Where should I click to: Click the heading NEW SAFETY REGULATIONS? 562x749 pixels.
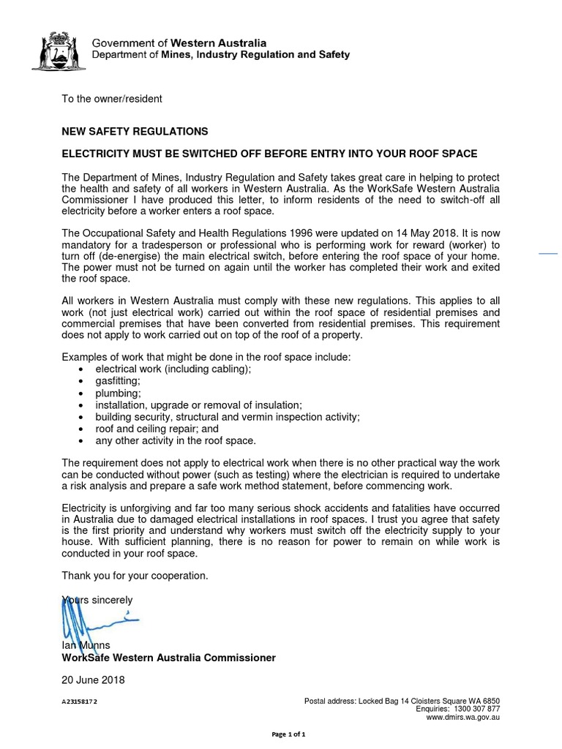[x=135, y=132]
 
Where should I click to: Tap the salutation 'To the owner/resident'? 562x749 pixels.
[x=112, y=99]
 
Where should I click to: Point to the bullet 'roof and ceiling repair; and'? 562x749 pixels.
[x=157, y=429]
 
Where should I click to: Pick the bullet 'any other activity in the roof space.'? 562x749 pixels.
[x=176, y=441]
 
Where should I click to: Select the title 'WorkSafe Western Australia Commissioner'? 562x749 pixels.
[x=168, y=658]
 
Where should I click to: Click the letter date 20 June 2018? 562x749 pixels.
[x=93, y=680]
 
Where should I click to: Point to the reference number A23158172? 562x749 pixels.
[x=80, y=701]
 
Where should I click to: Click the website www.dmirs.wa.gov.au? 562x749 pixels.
[x=463, y=718]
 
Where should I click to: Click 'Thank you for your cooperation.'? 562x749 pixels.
[x=135, y=576]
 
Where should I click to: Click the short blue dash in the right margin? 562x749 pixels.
[x=549, y=254]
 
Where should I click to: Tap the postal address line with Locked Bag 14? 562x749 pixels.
[x=402, y=701]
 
